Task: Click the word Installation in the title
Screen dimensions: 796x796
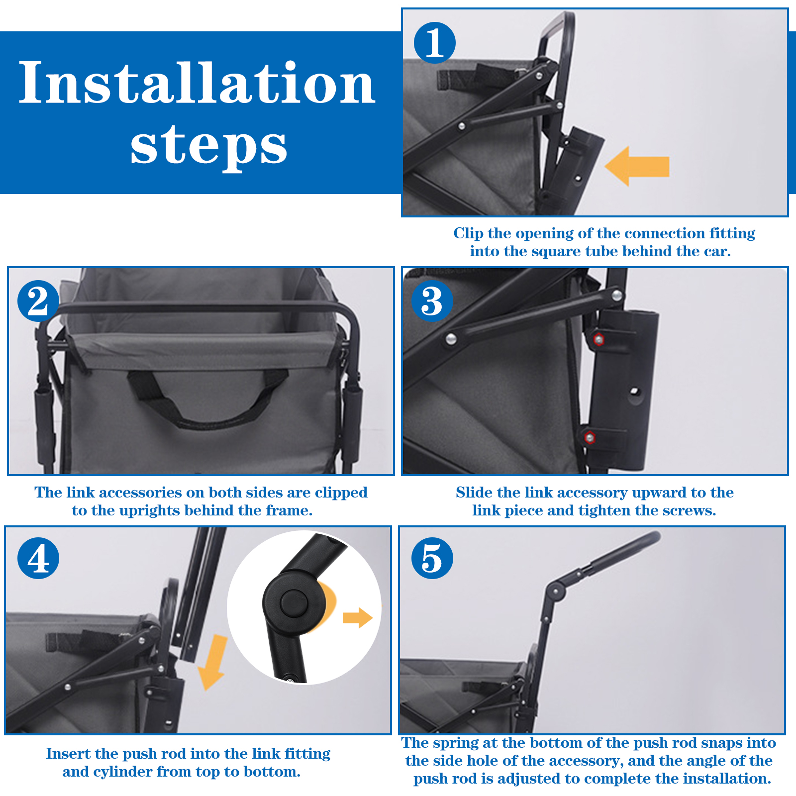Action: coord(197,83)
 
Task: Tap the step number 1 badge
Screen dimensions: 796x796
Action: coord(435,43)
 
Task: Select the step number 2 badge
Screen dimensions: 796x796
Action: coord(38,300)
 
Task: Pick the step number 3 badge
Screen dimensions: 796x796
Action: coord(432,300)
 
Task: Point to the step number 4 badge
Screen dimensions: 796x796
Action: coord(38,558)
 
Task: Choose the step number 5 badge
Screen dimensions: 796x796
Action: coord(432,558)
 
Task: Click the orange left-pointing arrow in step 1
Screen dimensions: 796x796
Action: coord(637,166)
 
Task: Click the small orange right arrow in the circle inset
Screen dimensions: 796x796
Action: coord(358,618)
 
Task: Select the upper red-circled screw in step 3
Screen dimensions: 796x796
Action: coord(599,339)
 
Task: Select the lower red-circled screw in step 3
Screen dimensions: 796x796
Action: coord(590,438)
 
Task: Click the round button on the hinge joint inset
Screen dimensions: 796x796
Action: coord(295,603)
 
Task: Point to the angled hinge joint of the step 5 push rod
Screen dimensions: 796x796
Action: coord(555,591)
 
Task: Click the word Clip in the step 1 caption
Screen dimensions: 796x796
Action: coord(468,233)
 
